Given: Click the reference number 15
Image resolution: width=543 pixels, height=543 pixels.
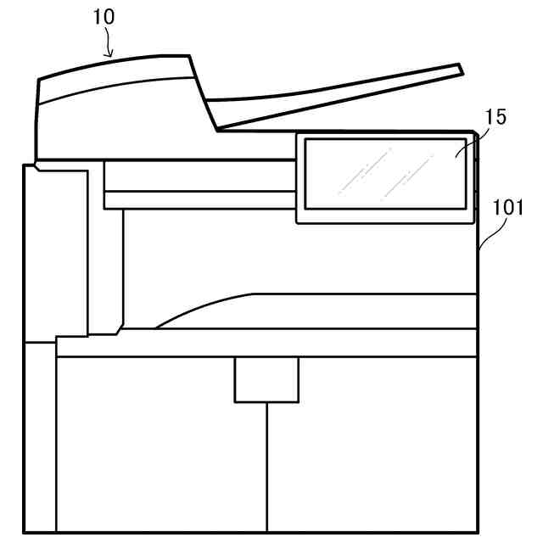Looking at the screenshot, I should click(495, 116).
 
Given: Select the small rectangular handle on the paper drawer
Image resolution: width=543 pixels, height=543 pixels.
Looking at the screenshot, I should click(266, 379).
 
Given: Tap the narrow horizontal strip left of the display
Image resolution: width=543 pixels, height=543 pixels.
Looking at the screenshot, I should click(199, 200).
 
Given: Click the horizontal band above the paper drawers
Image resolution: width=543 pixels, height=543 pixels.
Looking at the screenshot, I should click(271, 343).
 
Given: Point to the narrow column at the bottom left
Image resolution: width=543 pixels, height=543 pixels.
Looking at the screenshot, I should click(39, 437).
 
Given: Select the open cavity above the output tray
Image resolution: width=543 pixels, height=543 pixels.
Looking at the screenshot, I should click(297, 255).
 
